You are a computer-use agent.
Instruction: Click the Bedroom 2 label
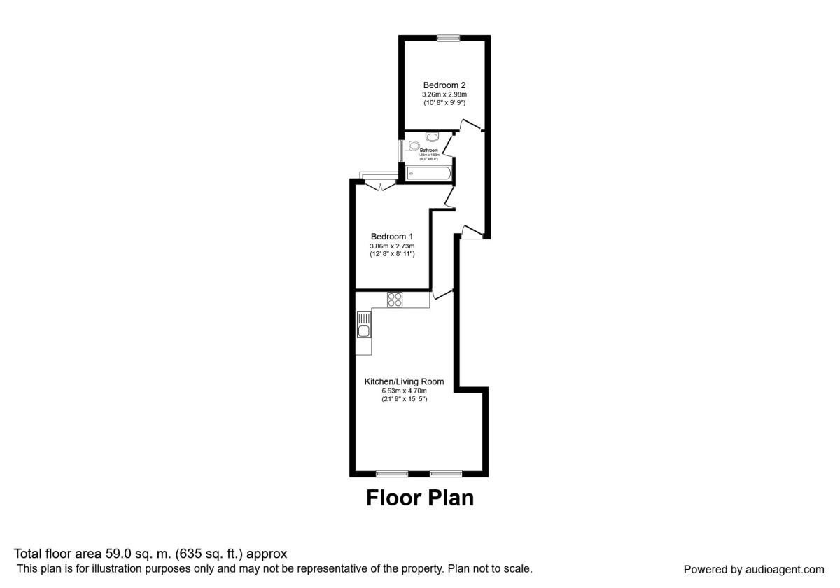click(444, 85)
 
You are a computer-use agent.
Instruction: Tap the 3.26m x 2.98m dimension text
click(444, 94)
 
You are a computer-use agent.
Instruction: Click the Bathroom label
click(429, 150)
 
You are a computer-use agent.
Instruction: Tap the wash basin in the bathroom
click(433, 135)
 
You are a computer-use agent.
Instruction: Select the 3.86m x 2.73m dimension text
click(392, 246)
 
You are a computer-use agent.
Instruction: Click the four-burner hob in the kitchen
click(395, 300)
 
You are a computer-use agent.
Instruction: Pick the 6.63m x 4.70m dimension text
click(404, 391)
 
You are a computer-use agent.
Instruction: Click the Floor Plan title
click(420, 498)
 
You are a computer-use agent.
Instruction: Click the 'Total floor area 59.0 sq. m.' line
click(150, 554)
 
